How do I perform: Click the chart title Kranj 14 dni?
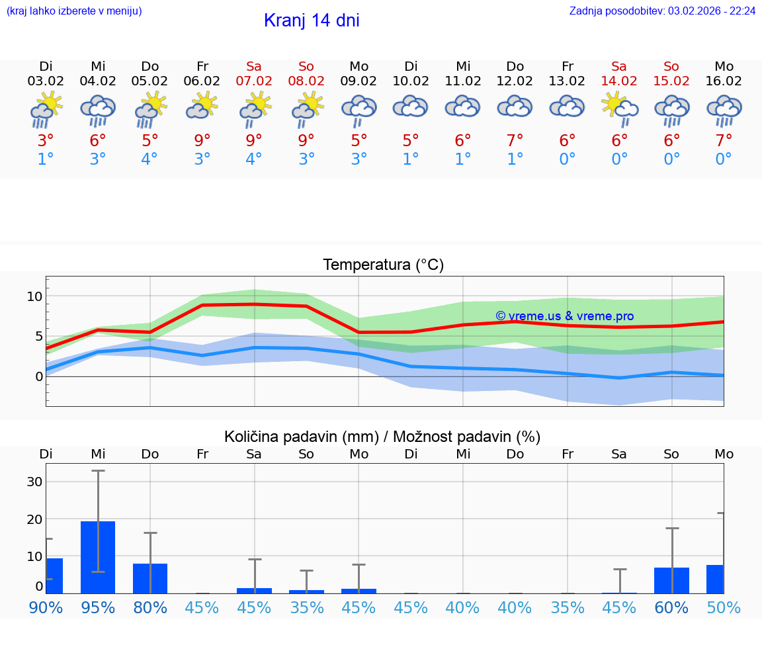[x=312, y=21]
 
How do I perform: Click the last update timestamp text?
[x=662, y=11]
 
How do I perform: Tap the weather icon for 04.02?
[x=98, y=110]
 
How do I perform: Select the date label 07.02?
[x=254, y=81]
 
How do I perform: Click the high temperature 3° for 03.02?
[x=46, y=141]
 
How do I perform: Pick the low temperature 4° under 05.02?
[x=150, y=159]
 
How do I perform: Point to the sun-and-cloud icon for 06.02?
[x=202, y=107]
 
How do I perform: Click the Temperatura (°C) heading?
[x=383, y=265]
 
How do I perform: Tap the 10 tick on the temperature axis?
[x=34, y=296]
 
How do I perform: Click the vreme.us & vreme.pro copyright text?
[x=564, y=316]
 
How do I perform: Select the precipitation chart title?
[x=382, y=437]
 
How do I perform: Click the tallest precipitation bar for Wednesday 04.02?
[x=98, y=557]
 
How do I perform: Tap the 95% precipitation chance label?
[x=98, y=607]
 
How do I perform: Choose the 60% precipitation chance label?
[x=671, y=607]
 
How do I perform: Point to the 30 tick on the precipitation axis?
[x=34, y=482]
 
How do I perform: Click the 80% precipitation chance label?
[x=150, y=607]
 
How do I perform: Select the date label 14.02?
[x=619, y=81]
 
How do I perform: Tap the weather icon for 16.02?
[x=724, y=110]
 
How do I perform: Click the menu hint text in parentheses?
[x=74, y=11]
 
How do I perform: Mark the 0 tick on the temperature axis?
[x=39, y=376]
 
